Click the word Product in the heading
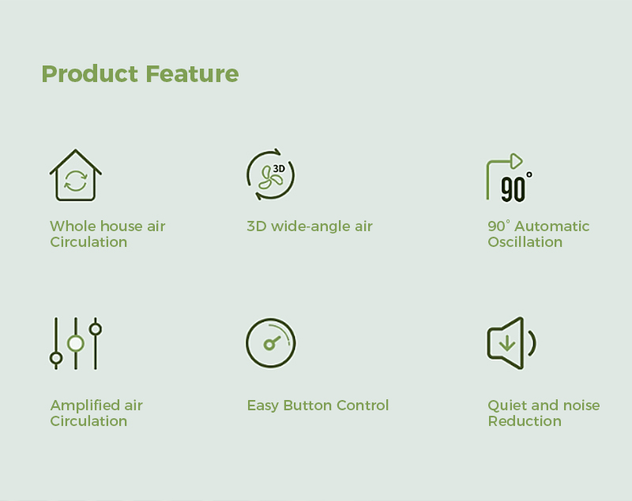click(90, 73)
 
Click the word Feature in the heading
click(192, 73)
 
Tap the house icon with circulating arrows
click(75, 175)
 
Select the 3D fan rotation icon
click(270, 174)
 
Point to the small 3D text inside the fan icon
click(279, 169)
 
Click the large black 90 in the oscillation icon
click(513, 189)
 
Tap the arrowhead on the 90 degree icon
click(517, 162)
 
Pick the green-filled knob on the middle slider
click(75, 344)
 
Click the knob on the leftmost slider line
click(56, 357)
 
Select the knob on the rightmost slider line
click(96, 329)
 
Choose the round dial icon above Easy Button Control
click(271, 343)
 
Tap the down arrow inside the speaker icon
click(506, 343)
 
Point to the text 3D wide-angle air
click(310, 226)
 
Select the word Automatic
click(551, 226)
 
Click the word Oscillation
click(525, 242)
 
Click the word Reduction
click(525, 421)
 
